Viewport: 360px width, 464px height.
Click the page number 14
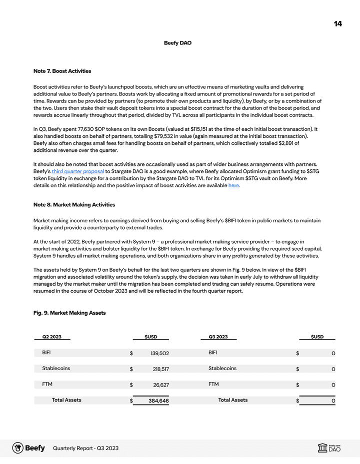pos(338,24)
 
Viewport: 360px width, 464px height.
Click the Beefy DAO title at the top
pos(177,43)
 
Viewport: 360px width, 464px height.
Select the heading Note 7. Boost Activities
pos(62,71)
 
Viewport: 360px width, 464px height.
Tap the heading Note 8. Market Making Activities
pos(74,205)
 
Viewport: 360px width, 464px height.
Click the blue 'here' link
pos(233,185)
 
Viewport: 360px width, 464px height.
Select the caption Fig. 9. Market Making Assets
pos(69,313)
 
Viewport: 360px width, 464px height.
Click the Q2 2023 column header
pos(52,337)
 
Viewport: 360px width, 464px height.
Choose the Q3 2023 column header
pos(218,337)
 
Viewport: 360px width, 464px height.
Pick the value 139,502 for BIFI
pos(159,354)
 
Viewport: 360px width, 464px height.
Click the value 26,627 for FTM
pos(160,385)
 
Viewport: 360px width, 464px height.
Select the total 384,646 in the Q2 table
pos(158,401)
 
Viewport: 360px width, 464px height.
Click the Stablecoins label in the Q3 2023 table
pos(222,369)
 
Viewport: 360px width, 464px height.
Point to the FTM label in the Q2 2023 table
pos(47,385)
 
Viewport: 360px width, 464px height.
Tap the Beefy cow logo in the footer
pos(18,448)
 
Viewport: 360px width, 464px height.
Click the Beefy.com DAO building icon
pos(322,448)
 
